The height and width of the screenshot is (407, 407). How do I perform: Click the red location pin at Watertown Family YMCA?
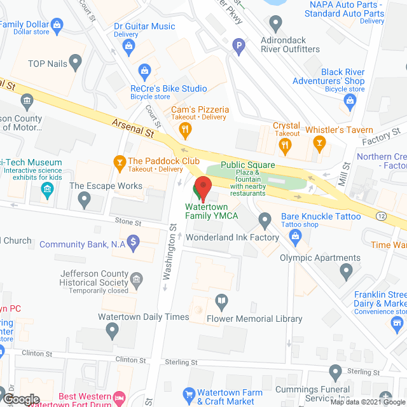coord(202,188)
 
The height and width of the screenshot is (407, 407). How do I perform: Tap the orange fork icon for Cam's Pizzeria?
coord(186,131)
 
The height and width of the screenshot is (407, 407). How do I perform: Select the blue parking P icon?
coord(238,45)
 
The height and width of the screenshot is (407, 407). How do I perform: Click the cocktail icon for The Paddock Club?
coord(118,162)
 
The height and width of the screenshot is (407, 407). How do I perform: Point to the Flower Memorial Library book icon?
coord(221,300)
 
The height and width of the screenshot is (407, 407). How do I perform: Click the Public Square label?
coord(247,165)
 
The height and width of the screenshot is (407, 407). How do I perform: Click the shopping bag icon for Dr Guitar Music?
coord(130,45)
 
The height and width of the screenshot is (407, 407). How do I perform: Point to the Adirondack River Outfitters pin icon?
coord(275,25)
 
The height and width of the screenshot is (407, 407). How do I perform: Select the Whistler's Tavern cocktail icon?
coord(316,146)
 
